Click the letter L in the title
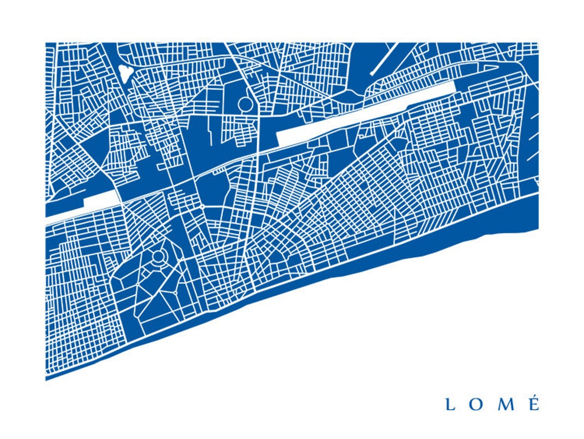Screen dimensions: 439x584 pyautogui.click(x=450, y=404)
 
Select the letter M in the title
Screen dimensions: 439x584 pyautogui.click(x=506, y=404)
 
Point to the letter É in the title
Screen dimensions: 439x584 pyautogui.click(x=534, y=405)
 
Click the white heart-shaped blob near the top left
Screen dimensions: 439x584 pyautogui.click(x=124, y=73)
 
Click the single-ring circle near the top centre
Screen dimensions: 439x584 pyautogui.click(x=245, y=105)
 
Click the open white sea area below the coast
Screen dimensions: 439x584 pyautogui.click(x=384, y=333)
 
